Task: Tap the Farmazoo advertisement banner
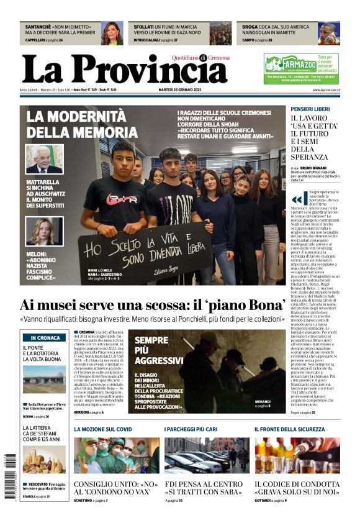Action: pyautogui.click(x=301, y=68)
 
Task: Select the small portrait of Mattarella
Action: pyautogui.click(x=44, y=159)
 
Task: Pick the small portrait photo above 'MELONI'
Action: pyautogui.click(x=44, y=230)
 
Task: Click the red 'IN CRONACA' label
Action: pyautogui.click(x=43, y=338)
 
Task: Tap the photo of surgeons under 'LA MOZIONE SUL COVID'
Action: pyautogui.click(x=116, y=455)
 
